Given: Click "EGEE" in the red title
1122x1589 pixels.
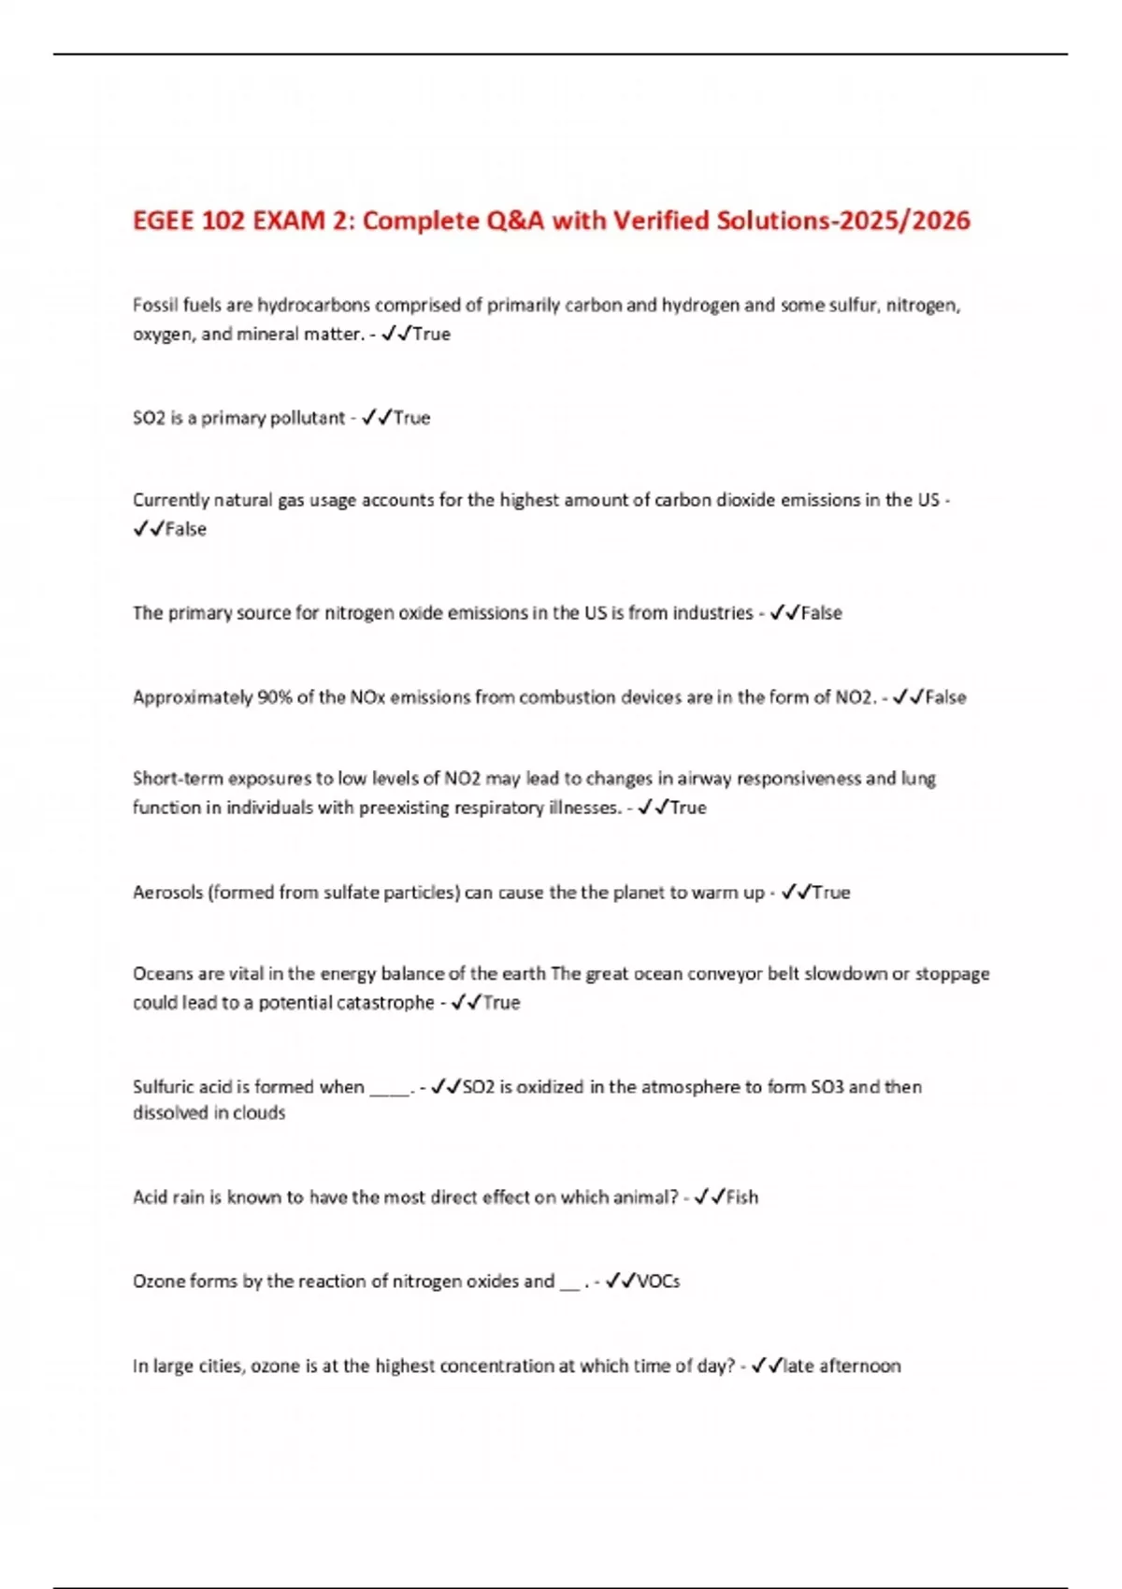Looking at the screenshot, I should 164,221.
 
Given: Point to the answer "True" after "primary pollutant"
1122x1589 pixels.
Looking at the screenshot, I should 411,418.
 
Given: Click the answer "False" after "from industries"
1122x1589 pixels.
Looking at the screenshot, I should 822,613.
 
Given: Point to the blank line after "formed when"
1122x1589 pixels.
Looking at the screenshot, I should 390,1089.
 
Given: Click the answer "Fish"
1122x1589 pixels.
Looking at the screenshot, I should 742,1197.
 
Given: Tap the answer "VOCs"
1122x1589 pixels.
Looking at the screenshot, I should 658,1281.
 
